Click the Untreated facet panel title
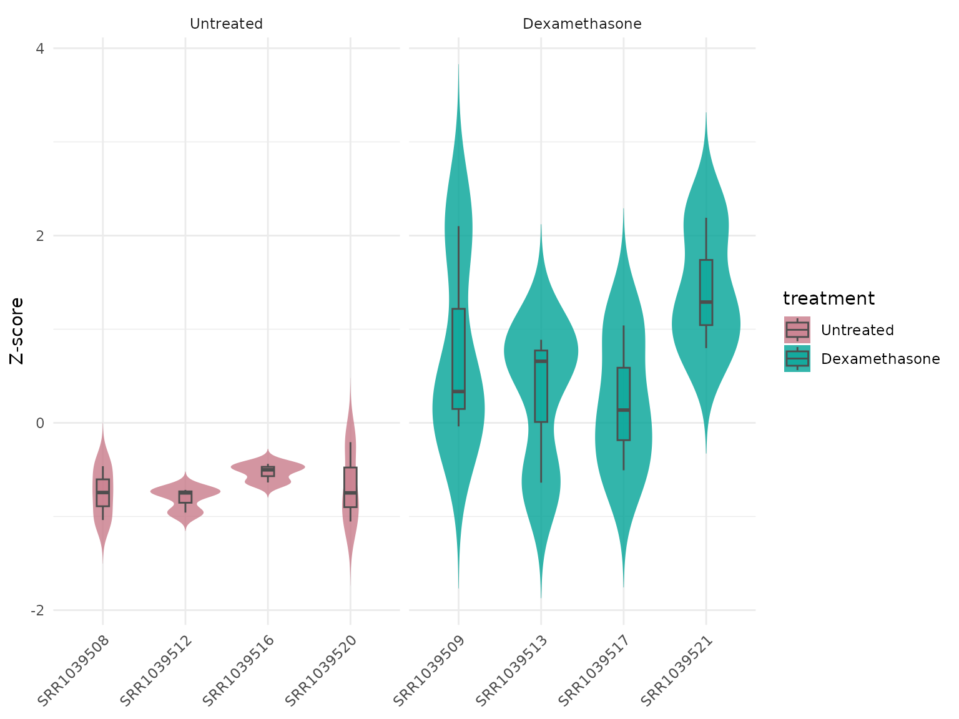click(226, 24)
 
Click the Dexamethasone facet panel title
click(582, 24)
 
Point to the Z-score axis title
click(17, 330)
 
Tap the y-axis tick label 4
click(39, 49)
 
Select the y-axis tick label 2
click(39, 236)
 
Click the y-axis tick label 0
click(39, 423)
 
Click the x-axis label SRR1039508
click(74, 670)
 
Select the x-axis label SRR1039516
click(240, 670)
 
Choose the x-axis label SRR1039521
click(678, 670)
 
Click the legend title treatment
click(829, 299)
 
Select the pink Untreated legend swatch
click(797, 330)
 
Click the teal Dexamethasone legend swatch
click(797, 359)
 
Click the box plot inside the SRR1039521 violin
click(706, 292)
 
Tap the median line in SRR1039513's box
click(541, 361)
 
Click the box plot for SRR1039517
click(623, 403)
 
